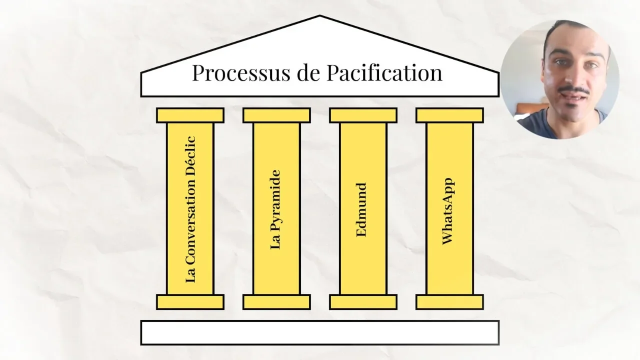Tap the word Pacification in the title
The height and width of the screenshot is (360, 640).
[385, 73]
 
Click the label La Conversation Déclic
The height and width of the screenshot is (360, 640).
[190, 209]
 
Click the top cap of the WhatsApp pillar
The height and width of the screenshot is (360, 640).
[449, 115]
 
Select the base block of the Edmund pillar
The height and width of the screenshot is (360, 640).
[363, 302]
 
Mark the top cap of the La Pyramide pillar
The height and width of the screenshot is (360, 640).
[276, 115]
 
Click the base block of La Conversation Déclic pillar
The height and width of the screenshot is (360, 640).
[190, 302]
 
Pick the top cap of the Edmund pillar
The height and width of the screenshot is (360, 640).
[363, 115]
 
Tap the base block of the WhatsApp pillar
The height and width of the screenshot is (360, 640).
[449, 302]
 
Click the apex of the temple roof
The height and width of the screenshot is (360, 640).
[319, 18]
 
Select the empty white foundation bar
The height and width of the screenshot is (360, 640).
[319, 332]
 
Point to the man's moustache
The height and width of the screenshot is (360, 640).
[574, 90]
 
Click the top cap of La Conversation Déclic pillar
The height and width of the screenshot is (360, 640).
[190, 115]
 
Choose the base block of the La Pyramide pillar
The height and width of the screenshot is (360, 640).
[276, 302]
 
